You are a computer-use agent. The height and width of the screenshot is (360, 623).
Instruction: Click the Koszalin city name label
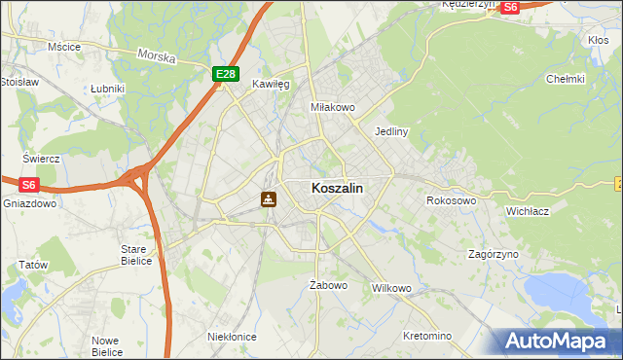click(x=338, y=189)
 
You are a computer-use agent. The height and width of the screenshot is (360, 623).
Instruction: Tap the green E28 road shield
click(x=225, y=74)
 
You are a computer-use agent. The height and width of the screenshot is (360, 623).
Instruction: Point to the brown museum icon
click(x=269, y=199)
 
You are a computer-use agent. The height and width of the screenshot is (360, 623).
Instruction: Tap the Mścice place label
click(x=63, y=46)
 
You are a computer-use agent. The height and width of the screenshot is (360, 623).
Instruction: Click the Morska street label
click(x=157, y=56)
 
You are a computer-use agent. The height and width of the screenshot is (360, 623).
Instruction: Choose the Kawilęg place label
click(x=271, y=85)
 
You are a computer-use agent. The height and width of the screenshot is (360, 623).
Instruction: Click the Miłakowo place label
click(x=332, y=107)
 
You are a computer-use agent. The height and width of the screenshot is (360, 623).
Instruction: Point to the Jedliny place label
click(x=390, y=130)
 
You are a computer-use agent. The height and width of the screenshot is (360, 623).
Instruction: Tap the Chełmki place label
click(x=565, y=79)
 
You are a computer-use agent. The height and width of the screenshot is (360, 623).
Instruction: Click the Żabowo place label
click(x=328, y=285)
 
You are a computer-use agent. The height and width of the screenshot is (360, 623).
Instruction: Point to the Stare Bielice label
click(x=133, y=255)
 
